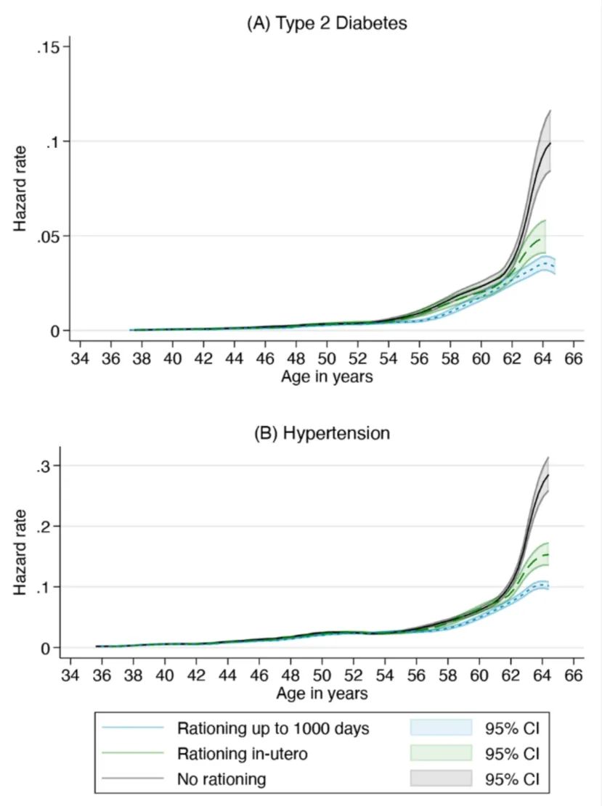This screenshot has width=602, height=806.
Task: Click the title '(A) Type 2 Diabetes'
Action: click(x=327, y=23)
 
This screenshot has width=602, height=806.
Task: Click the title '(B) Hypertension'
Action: click(x=322, y=433)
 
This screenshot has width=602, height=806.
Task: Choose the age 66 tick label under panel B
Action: click(x=573, y=675)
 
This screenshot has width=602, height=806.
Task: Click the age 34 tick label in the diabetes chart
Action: click(x=80, y=358)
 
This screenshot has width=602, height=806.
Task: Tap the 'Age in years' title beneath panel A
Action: click(x=327, y=377)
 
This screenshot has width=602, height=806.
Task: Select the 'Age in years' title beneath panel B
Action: click(x=322, y=694)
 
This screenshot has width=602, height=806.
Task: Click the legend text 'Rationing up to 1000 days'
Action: click(x=273, y=728)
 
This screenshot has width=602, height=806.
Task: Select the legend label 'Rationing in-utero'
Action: click(x=242, y=754)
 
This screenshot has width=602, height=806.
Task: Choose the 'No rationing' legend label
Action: click(x=221, y=780)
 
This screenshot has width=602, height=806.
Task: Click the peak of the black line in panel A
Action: click(x=550, y=144)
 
